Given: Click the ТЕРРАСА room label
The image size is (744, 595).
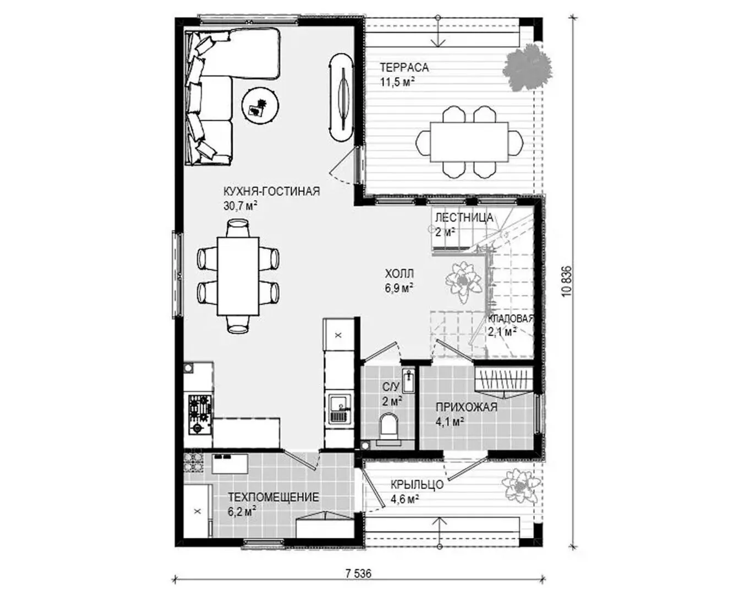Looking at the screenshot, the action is click(404, 67).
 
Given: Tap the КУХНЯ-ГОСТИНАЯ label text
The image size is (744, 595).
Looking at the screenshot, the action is click(272, 191).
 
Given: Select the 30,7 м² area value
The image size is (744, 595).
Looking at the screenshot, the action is click(240, 206).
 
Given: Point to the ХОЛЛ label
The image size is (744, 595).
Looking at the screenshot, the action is click(400, 273).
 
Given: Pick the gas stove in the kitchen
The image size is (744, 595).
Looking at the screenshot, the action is click(200, 415).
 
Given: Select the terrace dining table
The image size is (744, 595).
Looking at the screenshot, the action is click(469, 142).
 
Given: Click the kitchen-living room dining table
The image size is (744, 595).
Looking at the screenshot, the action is click(238, 276).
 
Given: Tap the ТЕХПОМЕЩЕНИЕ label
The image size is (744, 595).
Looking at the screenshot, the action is click(273, 497).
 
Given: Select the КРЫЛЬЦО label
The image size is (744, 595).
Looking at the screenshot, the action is click(417, 485).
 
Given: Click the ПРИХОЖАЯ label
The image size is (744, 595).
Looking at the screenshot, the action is click(467, 407).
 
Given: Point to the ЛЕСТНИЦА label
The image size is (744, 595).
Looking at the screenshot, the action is click(464, 218).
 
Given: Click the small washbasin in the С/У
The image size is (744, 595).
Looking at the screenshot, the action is click(409, 380).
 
